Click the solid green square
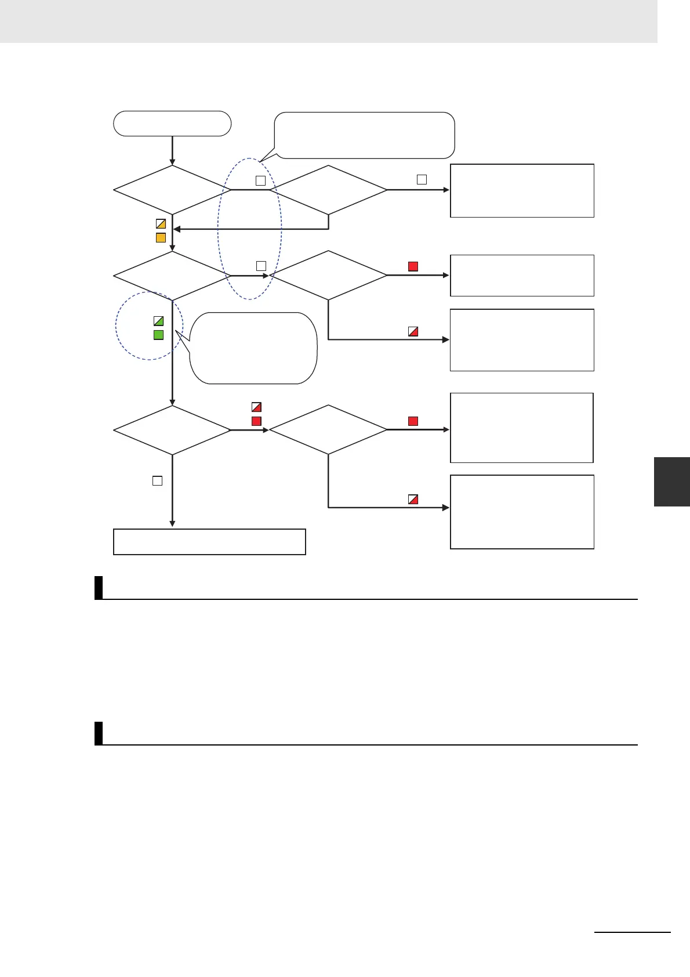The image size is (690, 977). (x=158, y=335)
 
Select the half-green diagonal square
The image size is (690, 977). (x=158, y=321)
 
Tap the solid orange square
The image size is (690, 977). (x=161, y=237)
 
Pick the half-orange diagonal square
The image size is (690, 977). (x=161, y=223)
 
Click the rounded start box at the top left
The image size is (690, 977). (x=172, y=124)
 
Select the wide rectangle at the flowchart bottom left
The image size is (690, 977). (x=209, y=541)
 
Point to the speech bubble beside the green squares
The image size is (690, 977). (x=253, y=348)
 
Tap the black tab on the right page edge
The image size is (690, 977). (x=671, y=482)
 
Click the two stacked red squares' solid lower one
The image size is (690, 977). (x=256, y=421)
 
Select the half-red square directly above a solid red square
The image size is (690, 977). (x=256, y=407)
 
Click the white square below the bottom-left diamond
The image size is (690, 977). (x=157, y=480)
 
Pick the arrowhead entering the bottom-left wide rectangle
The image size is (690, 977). (x=172, y=524)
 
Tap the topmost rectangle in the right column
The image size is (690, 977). (x=522, y=190)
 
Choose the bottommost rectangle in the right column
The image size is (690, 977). (x=522, y=512)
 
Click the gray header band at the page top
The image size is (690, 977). (x=328, y=21)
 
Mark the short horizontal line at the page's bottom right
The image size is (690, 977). (x=632, y=932)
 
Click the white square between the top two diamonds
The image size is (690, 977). (x=261, y=181)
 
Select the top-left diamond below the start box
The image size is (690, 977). (x=172, y=190)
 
